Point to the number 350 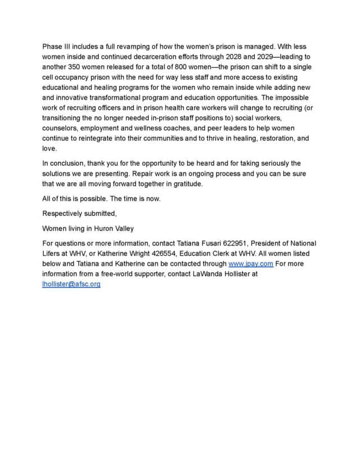tap(77, 66)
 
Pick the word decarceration tap(139, 56)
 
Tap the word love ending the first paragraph tap(49, 148)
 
